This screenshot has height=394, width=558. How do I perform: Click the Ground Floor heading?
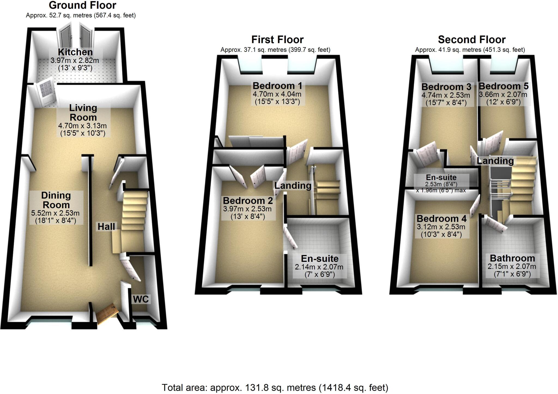(x=82, y=5)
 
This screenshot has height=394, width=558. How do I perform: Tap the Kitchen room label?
(x=75, y=52)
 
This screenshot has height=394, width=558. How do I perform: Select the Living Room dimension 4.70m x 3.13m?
(x=82, y=126)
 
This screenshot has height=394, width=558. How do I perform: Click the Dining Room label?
(x=56, y=200)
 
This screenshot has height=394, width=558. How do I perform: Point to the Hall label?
(x=106, y=226)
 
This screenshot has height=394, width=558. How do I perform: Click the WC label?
(x=141, y=299)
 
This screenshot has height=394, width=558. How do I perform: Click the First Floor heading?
(x=277, y=40)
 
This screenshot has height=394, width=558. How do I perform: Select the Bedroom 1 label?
(x=277, y=86)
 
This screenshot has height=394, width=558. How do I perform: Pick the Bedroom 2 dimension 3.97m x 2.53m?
(x=247, y=209)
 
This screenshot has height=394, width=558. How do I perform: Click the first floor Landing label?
(x=293, y=186)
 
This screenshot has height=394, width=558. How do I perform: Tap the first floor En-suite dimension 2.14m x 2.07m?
(x=319, y=267)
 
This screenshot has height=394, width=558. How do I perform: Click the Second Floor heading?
(x=472, y=40)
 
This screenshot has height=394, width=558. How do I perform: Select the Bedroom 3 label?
(x=446, y=87)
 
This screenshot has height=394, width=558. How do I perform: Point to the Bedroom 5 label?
(x=504, y=86)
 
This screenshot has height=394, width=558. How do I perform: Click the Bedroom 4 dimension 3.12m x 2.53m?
(x=441, y=227)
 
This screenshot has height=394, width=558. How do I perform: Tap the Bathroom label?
(x=512, y=258)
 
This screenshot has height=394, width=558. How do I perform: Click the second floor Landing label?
(x=495, y=161)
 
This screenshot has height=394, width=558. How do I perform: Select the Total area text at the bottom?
(x=275, y=387)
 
